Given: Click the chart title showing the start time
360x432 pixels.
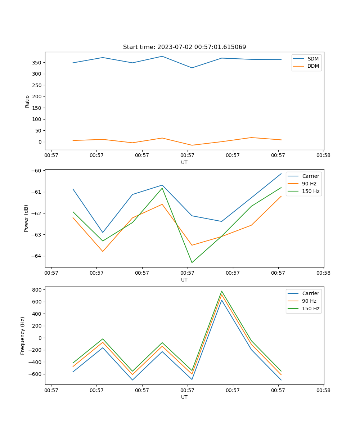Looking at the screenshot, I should pyautogui.click(x=184, y=47).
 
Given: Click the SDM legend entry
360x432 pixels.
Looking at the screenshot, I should pyautogui.click(x=313, y=59).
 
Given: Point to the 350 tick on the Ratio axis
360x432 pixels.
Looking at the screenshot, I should pyautogui.click(x=37, y=63).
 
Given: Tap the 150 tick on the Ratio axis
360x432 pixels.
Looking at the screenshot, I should pyautogui.click(x=37, y=108).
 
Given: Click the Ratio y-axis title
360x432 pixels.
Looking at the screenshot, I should pyautogui.click(x=27, y=101).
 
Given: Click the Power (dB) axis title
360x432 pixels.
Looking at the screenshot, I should pyautogui.click(x=26, y=219).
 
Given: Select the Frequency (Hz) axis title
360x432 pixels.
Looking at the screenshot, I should pyautogui.click(x=23, y=336).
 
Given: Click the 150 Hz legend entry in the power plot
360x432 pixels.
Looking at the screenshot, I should pyautogui.click(x=310, y=191).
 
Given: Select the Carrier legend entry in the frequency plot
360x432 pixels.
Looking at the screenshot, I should pyautogui.click(x=310, y=293).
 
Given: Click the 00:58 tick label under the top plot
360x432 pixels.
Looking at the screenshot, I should pyautogui.click(x=324, y=156).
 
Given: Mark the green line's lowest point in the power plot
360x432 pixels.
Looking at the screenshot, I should pyautogui.click(x=192, y=262).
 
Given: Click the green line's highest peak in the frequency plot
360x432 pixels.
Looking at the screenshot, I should pyautogui.click(x=222, y=291).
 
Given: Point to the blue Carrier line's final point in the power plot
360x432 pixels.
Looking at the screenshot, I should pyautogui.click(x=281, y=174).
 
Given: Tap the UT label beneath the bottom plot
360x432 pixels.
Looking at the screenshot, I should pyautogui.click(x=184, y=397).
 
